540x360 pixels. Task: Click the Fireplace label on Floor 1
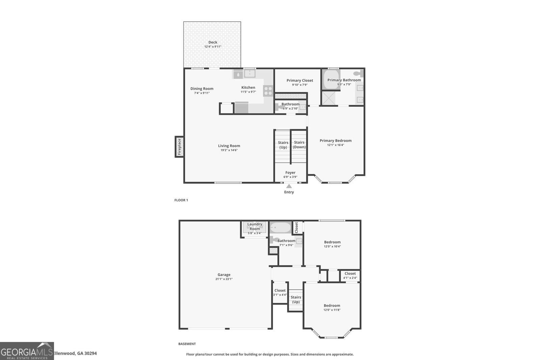[x=179, y=147]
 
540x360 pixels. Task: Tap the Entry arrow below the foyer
[x=289, y=186]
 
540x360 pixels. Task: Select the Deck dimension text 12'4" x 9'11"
[x=213, y=47]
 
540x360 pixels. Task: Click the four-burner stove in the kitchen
[x=268, y=91]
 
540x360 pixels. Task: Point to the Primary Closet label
[x=300, y=81]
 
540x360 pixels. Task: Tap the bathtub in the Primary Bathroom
[x=332, y=80]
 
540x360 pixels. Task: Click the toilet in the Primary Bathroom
[x=358, y=73]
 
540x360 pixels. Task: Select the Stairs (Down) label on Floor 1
[x=299, y=145]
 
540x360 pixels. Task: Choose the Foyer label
[x=290, y=172]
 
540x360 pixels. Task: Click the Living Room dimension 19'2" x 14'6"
[x=229, y=150]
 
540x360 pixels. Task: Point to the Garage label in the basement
[x=224, y=274]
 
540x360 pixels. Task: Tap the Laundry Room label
[x=255, y=226]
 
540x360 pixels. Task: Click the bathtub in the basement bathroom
[x=280, y=227]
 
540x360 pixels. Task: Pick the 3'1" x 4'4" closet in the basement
[x=280, y=293]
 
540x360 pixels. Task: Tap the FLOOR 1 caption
[x=181, y=200]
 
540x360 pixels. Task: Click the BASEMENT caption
[x=187, y=344]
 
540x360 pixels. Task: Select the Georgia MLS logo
[x=27, y=351]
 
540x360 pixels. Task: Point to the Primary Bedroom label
[x=335, y=141]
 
